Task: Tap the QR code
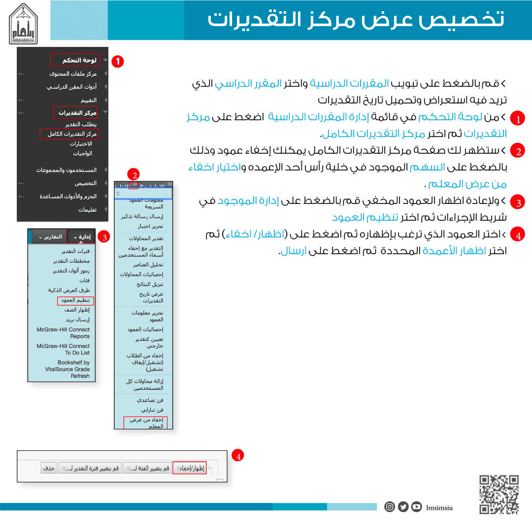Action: [x=499, y=494]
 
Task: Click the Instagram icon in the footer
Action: [x=390, y=506]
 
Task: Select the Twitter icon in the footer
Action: [x=403, y=506]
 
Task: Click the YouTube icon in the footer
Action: [x=417, y=506]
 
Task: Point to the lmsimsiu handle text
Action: [x=439, y=507]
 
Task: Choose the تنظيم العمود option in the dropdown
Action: [x=75, y=300]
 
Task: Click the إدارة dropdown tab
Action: [x=81, y=237]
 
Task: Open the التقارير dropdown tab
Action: [x=49, y=237]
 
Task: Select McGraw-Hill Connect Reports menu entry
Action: [x=64, y=333]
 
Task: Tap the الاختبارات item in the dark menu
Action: [x=81, y=144]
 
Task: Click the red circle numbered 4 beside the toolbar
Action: [x=238, y=456]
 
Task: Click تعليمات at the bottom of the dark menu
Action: [x=87, y=209]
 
